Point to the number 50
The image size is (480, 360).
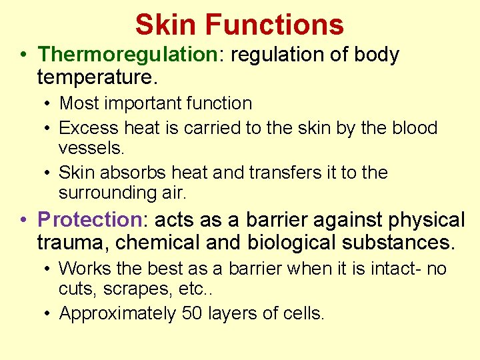(x=194, y=313)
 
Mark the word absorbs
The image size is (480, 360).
(x=133, y=173)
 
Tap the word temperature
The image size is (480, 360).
(x=97, y=78)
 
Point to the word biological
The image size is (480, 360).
(x=297, y=243)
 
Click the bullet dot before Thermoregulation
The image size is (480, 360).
(x=23, y=55)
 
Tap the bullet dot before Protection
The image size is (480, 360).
(x=23, y=220)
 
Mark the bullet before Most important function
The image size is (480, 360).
(x=49, y=104)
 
